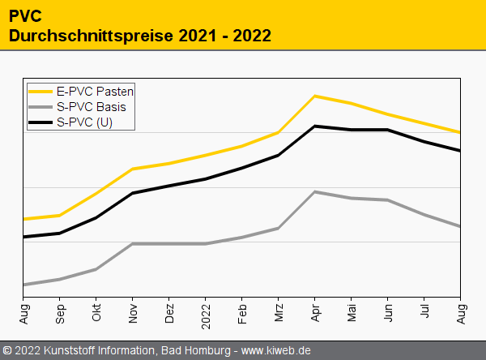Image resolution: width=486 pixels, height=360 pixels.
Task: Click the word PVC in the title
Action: pos(25,15)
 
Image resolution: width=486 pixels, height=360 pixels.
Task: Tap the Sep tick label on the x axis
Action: pos(60,313)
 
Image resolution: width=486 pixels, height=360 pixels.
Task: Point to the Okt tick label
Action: pos(96,313)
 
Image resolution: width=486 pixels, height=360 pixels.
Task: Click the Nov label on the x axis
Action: pos(133,313)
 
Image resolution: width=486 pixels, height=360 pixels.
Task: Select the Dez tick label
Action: pos(169,313)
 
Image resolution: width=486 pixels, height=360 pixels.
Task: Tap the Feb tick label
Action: pos(242,313)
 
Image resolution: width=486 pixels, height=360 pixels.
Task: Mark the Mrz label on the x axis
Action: pos(279,313)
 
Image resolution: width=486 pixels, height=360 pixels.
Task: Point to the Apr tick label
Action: pos(315,313)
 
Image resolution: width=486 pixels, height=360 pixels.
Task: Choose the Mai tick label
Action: pos(352,313)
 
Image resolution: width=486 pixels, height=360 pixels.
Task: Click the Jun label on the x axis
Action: pos(388,313)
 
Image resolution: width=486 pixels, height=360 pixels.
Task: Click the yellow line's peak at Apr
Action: pos(315,96)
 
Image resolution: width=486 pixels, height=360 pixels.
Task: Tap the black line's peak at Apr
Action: pos(315,126)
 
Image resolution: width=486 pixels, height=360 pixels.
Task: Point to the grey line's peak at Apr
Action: pos(315,191)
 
